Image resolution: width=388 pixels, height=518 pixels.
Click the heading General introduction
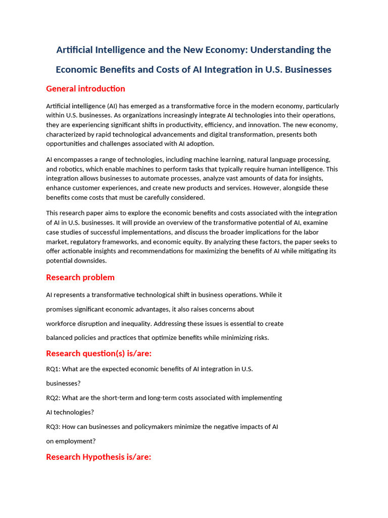click(x=85, y=89)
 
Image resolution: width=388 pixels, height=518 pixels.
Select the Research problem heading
click(x=80, y=278)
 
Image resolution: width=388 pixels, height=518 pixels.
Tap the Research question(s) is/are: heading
click(x=99, y=354)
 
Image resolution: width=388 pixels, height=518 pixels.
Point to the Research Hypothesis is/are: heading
click(x=99, y=457)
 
